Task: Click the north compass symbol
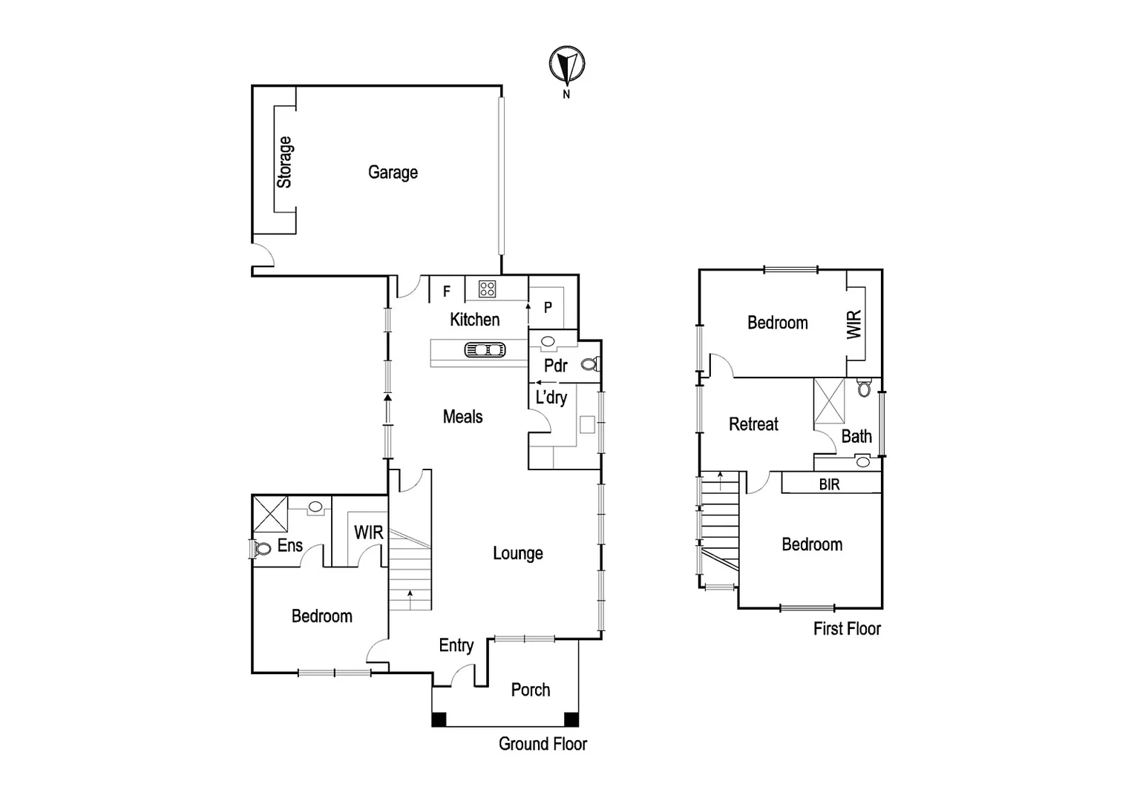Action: pyautogui.click(x=567, y=64)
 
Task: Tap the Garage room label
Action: pyautogui.click(x=393, y=172)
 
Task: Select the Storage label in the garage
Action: pyautogui.click(x=284, y=162)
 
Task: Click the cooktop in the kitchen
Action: pyautogui.click(x=487, y=289)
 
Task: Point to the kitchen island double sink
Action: pyautogui.click(x=485, y=349)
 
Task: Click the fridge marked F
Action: pyautogui.click(x=447, y=291)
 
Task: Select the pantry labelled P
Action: pyautogui.click(x=548, y=307)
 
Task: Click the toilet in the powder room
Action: pyautogui.click(x=590, y=364)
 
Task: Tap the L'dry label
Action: pyautogui.click(x=551, y=398)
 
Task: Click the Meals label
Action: pyautogui.click(x=462, y=417)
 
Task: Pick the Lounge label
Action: pyautogui.click(x=517, y=553)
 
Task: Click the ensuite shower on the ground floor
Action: pyautogui.click(x=270, y=513)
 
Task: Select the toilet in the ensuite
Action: pyautogui.click(x=261, y=549)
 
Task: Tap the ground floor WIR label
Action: pyautogui.click(x=368, y=533)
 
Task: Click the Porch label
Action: pyautogui.click(x=531, y=690)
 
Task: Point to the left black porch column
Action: pyautogui.click(x=439, y=719)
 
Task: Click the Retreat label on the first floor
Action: pyautogui.click(x=753, y=424)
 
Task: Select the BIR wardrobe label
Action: pyautogui.click(x=829, y=484)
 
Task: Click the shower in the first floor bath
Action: pyautogui.click(x=829, y=400)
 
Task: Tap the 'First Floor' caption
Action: pyautogui.click(x=847, y=629)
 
